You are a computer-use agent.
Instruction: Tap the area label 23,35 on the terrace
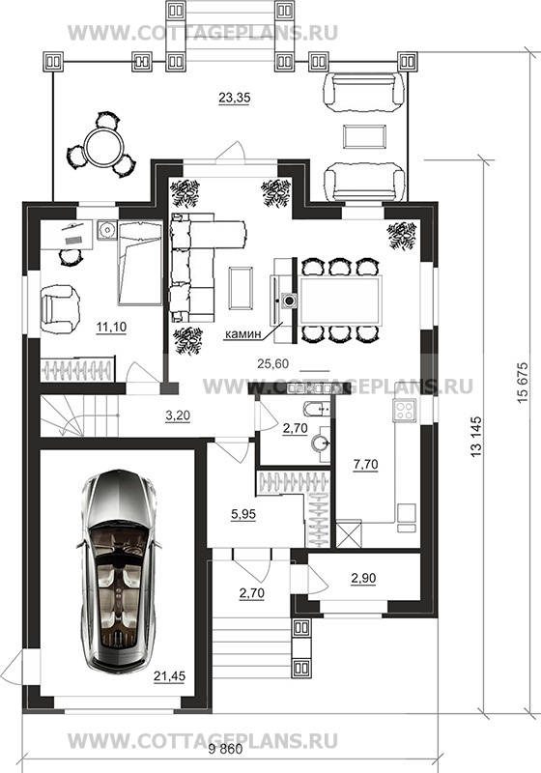tap(235, 98)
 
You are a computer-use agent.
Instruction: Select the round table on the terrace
tap(100, 147)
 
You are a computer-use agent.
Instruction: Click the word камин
tap(242, 334)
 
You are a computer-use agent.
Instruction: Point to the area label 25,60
tap(273, 364)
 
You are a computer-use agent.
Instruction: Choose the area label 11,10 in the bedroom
tap(111, 327)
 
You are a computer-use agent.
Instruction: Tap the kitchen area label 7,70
tap(365, 464)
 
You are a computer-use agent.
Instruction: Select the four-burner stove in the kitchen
tap(405, 410)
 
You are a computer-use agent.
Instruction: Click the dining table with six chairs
tap(338, 301)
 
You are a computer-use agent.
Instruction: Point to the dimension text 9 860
tap(226, 750)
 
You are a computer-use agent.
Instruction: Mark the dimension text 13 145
tap(476, 437)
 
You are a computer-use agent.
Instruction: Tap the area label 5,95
tap(243, 514)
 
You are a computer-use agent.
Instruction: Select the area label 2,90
tap(363, 578)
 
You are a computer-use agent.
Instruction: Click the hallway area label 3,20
tap(178, 415)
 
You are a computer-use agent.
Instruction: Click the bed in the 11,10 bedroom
tap(140, 263)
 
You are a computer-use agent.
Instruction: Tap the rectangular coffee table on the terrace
tap(364, 135)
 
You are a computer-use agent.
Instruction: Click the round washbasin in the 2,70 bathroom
tap(321, 444)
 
